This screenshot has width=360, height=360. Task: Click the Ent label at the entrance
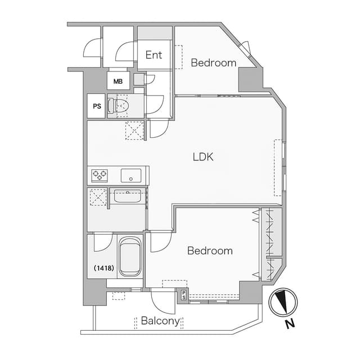[x=154, y=55]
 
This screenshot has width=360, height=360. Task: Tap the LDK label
[x=203, y=157]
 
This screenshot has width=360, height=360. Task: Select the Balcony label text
[x=160, y=321]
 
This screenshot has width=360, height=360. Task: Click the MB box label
[x=118, y=81]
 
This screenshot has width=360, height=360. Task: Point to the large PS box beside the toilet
[x=96, y=106]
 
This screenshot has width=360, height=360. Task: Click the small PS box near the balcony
[x=184, y=295]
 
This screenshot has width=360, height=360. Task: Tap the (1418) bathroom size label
[x=103, y=268]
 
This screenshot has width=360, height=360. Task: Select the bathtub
[x=130, y=256]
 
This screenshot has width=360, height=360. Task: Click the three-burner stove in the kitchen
[x=100, y=175]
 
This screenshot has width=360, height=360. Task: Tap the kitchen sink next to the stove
[x=131, y=175]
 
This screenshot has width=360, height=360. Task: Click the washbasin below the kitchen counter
[x=128, y=196]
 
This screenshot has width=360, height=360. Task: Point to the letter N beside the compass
[x=290, y=324]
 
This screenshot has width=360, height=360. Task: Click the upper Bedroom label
[x=214, y=63]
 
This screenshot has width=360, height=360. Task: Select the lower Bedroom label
[x=210, y=251]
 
